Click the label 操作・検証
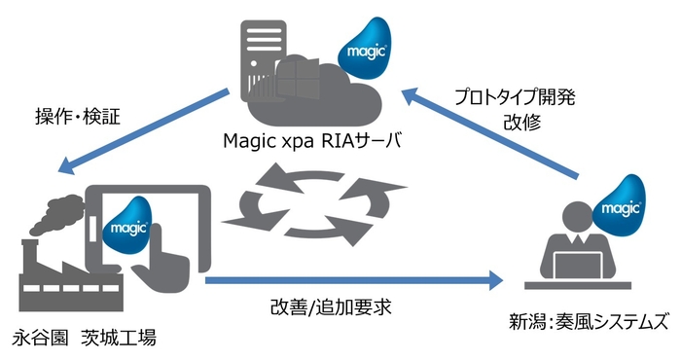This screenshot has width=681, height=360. [75, 116]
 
